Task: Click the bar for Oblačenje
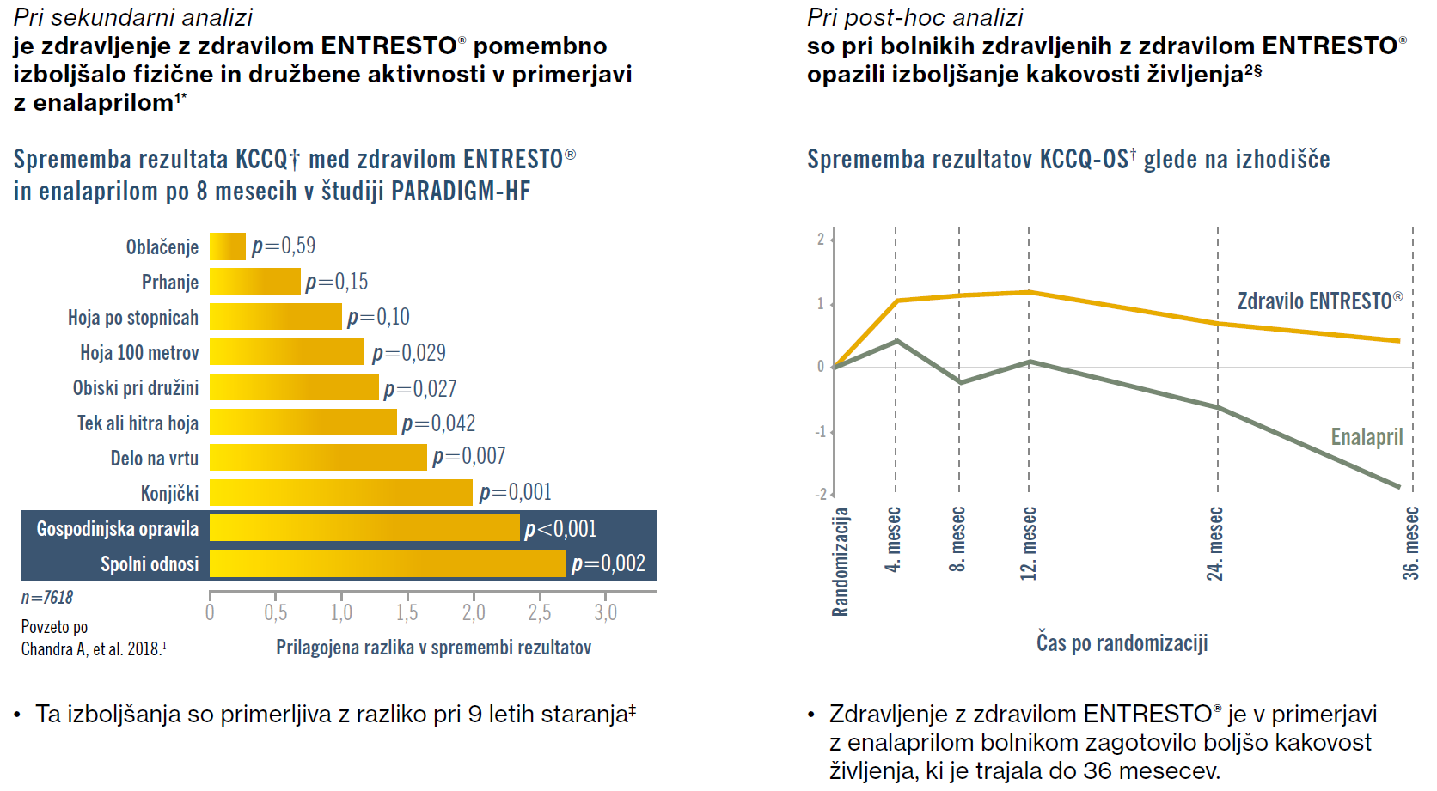[x=228, y=246]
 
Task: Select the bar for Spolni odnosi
[x=388, y=563]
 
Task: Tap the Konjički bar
[x=341, y=493]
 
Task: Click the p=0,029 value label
[x=409, y=353]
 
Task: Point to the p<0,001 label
[x=560, y=529]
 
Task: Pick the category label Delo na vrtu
[x=155, y=459]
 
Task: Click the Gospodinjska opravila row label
[x=118, y=529]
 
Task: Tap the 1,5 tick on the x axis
[x=407, y=612]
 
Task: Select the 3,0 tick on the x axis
[x=605, y=612]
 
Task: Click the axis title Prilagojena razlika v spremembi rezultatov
[x=433, y=648]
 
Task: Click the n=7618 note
[x=47, y=598]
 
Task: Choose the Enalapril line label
[x=1367, y=437]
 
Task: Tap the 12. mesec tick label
[x=1029, y=544]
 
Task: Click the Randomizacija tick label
[x=841, y=562]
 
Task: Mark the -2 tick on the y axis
[x=821, y=494]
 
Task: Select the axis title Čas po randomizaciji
[x=1122, y=643]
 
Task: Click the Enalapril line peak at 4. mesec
[x=896, y=341]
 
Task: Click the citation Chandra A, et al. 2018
[x=94, y=649]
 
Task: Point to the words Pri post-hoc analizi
[x=914, y=17]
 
